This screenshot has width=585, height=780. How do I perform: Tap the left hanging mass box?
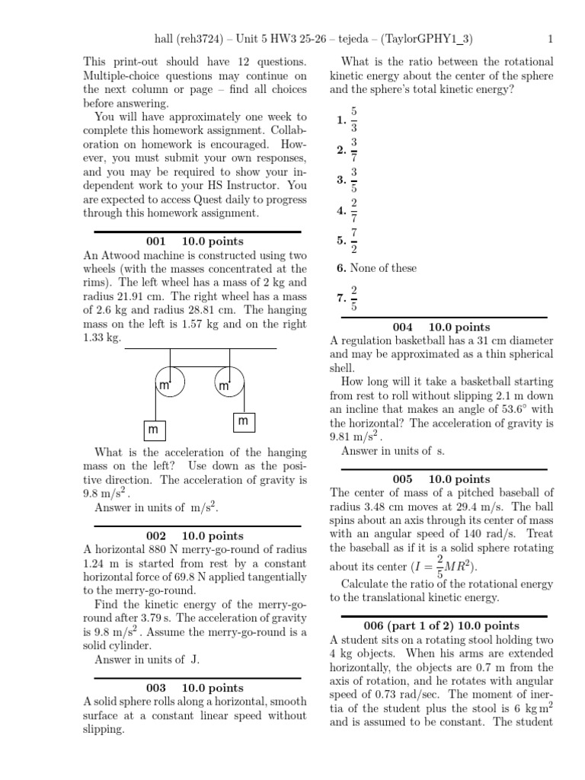point(156,430)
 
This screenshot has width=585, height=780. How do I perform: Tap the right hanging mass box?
point(243,420)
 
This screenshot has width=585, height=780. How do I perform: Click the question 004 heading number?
point(402,327)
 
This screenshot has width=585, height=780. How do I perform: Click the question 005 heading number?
point(402,478)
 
